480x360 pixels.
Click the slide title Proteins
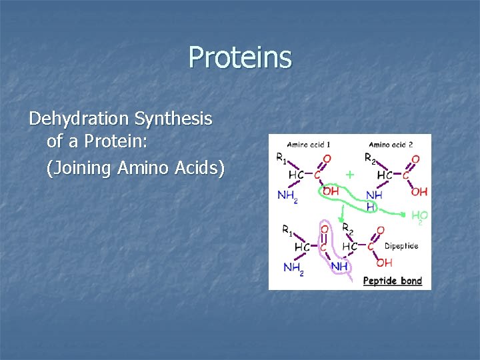click(240, 57)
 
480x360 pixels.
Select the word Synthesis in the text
click(173, 119)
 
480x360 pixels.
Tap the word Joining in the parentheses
click(80, 168)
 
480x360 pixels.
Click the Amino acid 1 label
click(309, 143)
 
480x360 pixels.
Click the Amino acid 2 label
click(391, 143)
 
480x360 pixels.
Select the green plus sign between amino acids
click(349, 175)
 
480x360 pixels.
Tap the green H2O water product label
click(419, 216)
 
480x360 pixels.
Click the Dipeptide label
click(401, 246)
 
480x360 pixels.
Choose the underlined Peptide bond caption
click(393, 281)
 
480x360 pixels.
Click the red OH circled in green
click(331, 191)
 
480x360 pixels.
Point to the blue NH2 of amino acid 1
click(287, 195)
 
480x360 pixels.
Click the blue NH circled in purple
click(339, 267)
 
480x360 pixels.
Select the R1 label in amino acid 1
click(283, 159)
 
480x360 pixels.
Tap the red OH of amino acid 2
click(419, 192)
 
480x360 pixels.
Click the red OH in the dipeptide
click(384, 263)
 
